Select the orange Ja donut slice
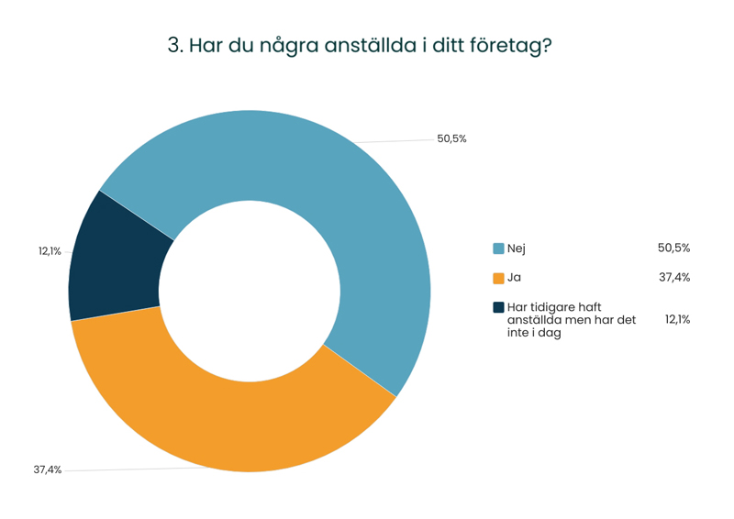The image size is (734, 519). [x=229, y=413]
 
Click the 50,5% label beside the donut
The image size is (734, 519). [x=451, y=139]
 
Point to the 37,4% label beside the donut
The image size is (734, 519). [x=48, y=470]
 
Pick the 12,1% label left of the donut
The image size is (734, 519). [x=50, y=251]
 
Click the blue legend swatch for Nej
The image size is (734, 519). [x=498, y=248]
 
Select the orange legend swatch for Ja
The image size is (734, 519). [x=498, y=278]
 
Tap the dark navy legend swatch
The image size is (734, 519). [x=498, y=307]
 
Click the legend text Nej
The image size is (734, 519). [x=516, y=248]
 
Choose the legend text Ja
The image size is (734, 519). [x=514, y=278]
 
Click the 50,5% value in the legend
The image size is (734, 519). [x=673, y=248]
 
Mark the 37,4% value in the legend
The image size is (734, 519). [x=673, y=278]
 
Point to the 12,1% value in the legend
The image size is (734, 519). [x=678, y=320]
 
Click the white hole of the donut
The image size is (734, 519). [x=250, y=292]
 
